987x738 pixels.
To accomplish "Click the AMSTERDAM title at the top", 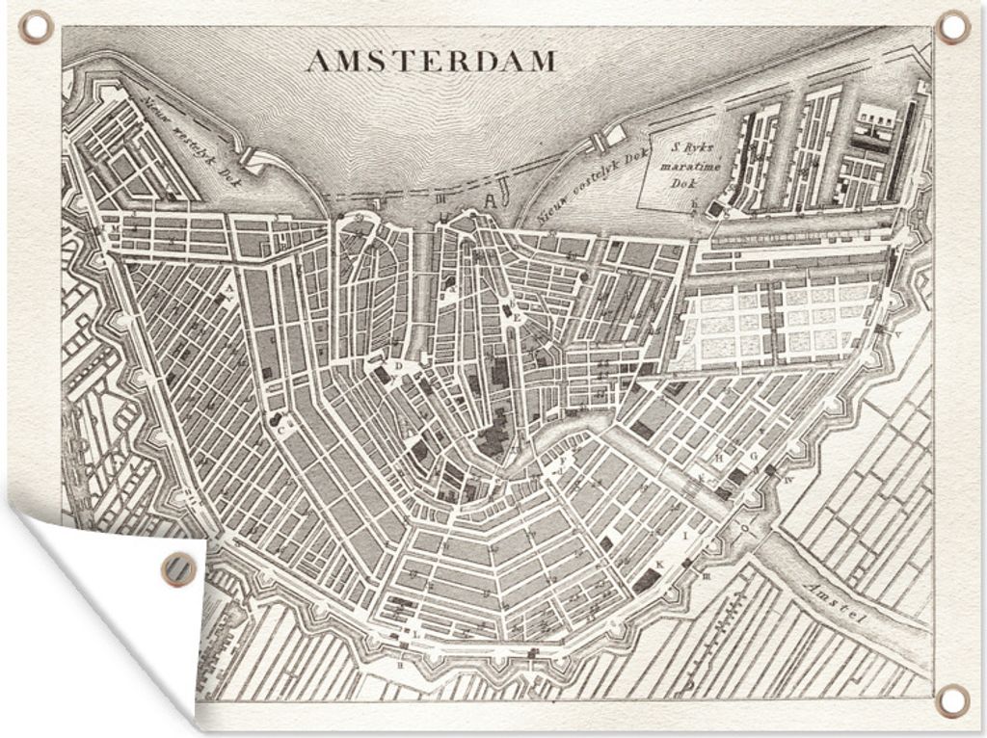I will [431, 62].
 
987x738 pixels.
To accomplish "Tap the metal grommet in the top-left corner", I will [37, 27].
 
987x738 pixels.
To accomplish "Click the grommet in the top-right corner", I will [953, 27].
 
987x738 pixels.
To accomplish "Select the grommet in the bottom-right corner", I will [952, 700].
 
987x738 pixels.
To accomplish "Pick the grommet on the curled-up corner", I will [178, 568].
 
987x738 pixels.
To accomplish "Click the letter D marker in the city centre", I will [397, 366].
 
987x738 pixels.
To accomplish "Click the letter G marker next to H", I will [753, 454].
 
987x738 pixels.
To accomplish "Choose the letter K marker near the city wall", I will [660, 565].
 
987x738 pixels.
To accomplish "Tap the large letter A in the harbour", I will [493, 201].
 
